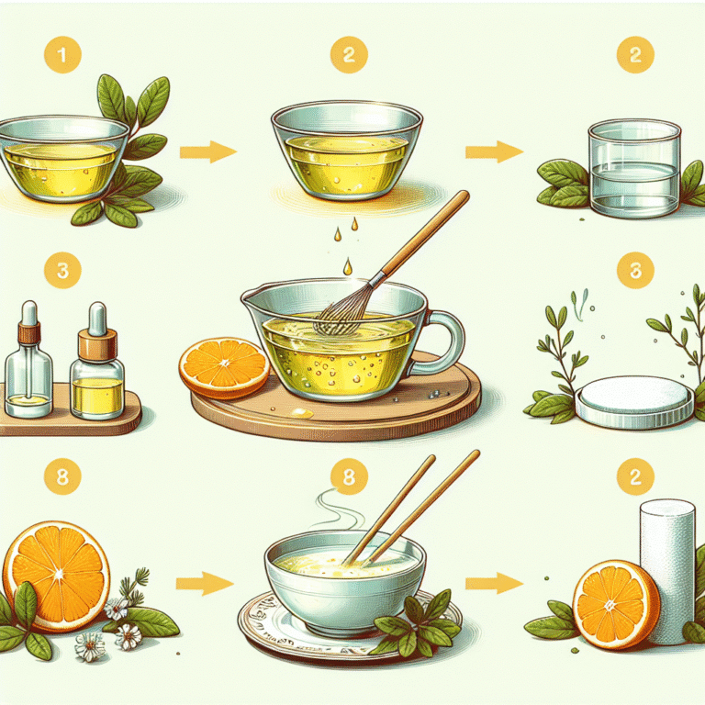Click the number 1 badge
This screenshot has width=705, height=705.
tap(62, 55)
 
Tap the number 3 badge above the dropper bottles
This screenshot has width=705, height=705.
tap(62, 270)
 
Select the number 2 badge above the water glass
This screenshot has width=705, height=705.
tap(635, 55)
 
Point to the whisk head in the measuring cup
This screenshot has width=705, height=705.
tap(341, 310)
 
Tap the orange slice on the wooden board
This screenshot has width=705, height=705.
tap(224, 368)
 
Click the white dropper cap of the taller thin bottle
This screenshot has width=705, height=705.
tap(29, 313)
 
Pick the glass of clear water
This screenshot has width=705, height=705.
tap(634, 168)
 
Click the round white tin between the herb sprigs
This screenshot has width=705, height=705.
tap(634, 401)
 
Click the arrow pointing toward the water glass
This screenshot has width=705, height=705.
tap(494, 152)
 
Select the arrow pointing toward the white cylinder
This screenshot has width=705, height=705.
tap(494, 583)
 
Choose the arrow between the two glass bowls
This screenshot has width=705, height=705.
tap(208, 152)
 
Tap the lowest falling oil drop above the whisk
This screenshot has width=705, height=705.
tap(348, 266)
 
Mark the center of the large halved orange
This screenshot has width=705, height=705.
tap(60, 574)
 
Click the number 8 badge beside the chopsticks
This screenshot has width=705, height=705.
tap(349, 476)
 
